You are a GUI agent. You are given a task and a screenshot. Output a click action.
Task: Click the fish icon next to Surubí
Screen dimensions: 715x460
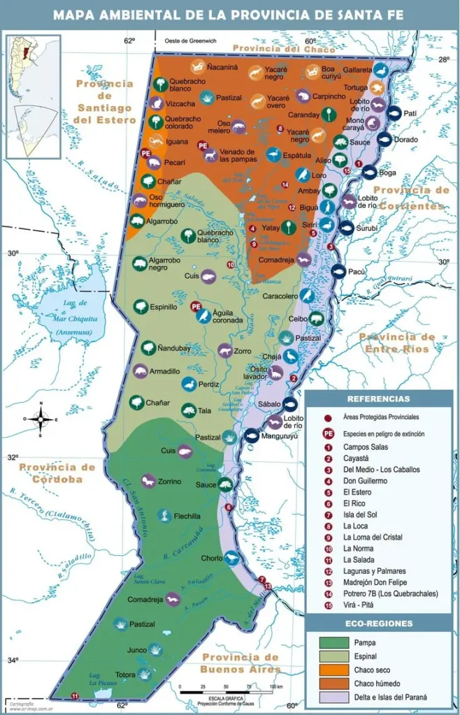(346, 228)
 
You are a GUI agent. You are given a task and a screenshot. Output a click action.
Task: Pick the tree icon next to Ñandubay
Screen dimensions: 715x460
(148, 347)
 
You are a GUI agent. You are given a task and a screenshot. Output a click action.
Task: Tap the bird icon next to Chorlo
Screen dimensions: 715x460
(232, 558)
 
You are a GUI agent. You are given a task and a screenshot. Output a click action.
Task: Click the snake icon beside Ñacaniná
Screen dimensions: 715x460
(197, 67)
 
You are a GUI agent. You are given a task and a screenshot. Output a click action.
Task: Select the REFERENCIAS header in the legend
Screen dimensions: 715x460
(378, 399)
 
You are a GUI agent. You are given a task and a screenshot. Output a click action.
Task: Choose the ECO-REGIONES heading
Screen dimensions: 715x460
(378, 624)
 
